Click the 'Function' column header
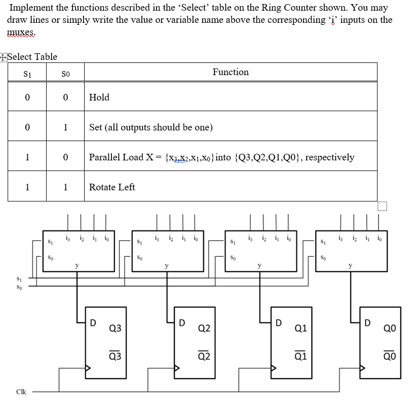pos(231,72)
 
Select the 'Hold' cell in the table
pos(99,97)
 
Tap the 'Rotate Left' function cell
pos(112,187)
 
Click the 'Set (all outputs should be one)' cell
pos(150,127)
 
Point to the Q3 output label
pos(115,328)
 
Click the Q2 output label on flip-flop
pos(204,328)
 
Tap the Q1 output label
pos(300,328)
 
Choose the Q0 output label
pos(390,328)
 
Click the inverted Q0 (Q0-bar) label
pos(390,356)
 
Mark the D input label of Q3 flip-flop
pos(92,322)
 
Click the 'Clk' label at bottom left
pos(21,392)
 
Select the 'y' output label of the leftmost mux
pos(77,265)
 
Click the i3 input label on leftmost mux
pos(68,237)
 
